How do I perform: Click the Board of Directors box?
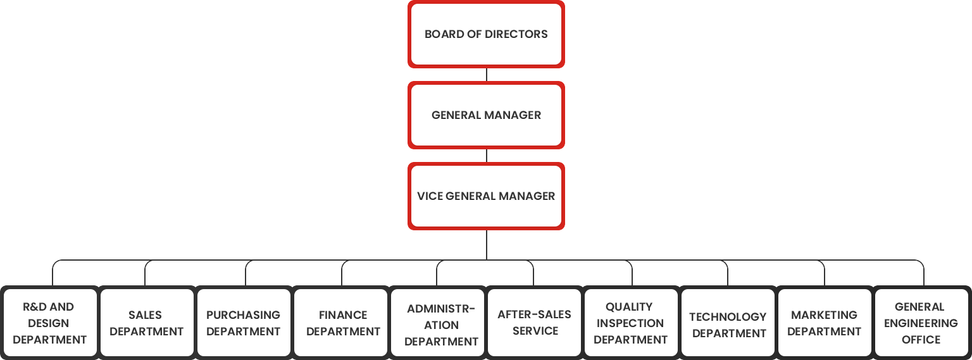pyautogui.click(x=486, y=34)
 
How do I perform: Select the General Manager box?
pyautogui.click(x=486, y=115)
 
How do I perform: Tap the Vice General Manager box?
pyautogui.click(x=486, y=196)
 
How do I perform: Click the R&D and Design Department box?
pyautogui.click(x=50, y=323)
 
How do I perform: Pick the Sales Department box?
pyautogui.click(x=147, y=323)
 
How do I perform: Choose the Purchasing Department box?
pyautogui.click(x=244, y=323)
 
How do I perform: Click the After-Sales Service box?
pyautogui.click(x=535, y=323)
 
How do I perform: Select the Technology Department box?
pyautogui.click(x=728, y=323)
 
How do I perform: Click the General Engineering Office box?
pyautogui.click(x=922, y=323)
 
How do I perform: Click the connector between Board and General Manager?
pyautogui.click(x=486, y=75)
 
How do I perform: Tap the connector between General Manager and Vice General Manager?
pyautogui.click(x=486, y=156)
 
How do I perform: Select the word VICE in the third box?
pyautogui.click(x=430, y=196)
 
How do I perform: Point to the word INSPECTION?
pyautogui.click(x=630, y=323)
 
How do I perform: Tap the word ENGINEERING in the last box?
pyautogui.click(x=921, y=323)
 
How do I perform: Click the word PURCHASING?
pyautogui.click(x=243, y=314)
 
